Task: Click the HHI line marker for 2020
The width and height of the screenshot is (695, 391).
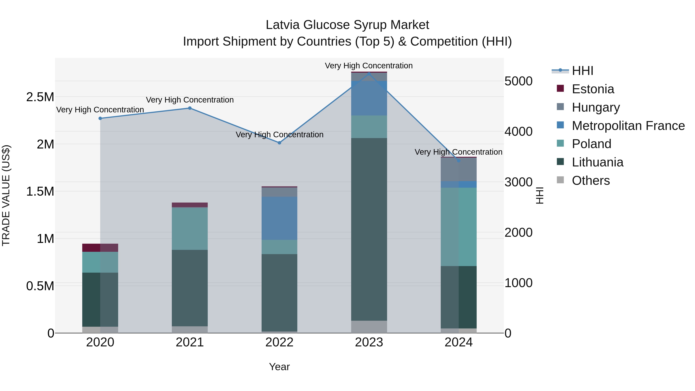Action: click(x=100, y=118)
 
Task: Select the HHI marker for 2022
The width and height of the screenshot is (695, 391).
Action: click(x=280, y=143)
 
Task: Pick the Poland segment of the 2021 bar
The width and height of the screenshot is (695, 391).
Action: click(x=190, y=229)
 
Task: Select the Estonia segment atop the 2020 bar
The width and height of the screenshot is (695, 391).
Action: click(x=100, y=248)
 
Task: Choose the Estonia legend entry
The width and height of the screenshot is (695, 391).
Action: click(x=593, y=89)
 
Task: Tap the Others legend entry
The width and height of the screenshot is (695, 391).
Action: click(x=591, y=181)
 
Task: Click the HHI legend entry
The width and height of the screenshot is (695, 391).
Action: click(x=582, y=71)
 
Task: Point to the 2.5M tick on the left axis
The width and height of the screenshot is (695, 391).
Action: click(x=40, y=97)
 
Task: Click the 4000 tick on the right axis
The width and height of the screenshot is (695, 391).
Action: click(x=518, y=132)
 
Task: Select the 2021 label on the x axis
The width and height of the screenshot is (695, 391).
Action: click(x=190, y=342)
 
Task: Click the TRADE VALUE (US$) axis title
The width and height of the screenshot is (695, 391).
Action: click(x=6, y=195)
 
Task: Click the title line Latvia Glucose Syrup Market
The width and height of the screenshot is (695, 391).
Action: click(x=347, y=25)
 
